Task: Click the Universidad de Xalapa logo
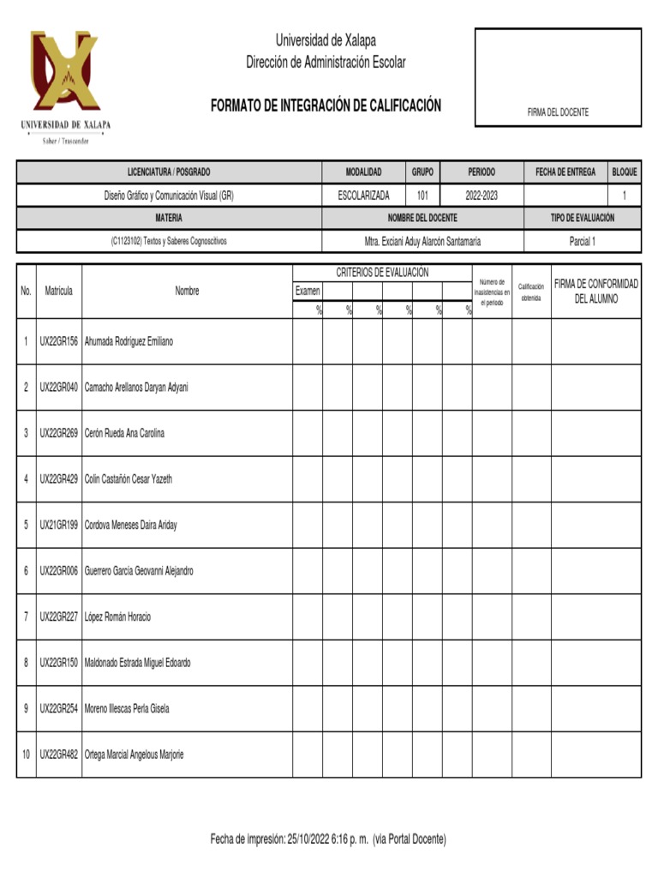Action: (65, 81)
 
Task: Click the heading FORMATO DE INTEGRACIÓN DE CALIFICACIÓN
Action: (326, 105)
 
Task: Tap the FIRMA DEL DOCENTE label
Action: (558, 112)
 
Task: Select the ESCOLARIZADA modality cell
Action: (363, 195)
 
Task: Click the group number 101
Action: (422, 195)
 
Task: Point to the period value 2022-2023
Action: (481, 195)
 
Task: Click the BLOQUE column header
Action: (624, 172)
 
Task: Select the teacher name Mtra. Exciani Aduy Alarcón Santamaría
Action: (422, 242)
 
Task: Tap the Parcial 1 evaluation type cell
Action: (582, 242)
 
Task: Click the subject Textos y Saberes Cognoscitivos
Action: (169, 242)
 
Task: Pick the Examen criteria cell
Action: (308, 292)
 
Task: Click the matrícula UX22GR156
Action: (58, 341)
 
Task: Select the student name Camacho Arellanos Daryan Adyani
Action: (136, 388)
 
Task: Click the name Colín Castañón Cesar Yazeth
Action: (129, 479)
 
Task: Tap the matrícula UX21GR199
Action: (58, 525)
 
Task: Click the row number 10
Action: (27, 755)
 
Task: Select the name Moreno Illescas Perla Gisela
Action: (127, 708)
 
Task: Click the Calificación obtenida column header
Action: (531, 292)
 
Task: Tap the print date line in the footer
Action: (328, 839)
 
